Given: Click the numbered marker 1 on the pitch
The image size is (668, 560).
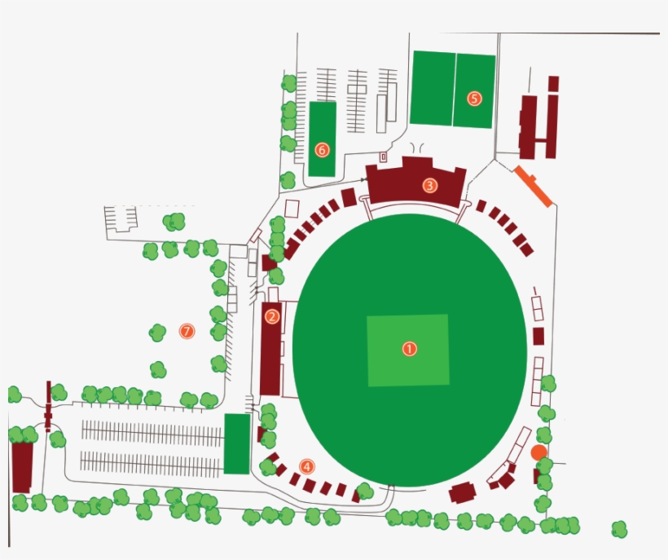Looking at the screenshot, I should pyautogui.click(x=409, y=349).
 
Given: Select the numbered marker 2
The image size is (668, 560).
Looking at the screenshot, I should pyautogui.click(x=272, y=316).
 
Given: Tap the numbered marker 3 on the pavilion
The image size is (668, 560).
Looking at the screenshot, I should pyautogui.click(x=429, y=186).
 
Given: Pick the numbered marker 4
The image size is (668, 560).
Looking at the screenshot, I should pyautogui.click(x=306, y=466).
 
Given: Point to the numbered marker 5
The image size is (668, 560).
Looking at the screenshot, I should pyautogui.click(x=474, y=99).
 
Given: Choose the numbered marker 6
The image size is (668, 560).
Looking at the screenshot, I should pyautogui.click(x=322, y=150).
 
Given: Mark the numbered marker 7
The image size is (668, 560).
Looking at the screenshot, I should pyautogui.click(x=187, y=331).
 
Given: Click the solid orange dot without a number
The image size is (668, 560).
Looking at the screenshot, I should pyautogui.click(x=538, y=452).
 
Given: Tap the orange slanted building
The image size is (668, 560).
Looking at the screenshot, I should pyautogui.click(x=533, y=185).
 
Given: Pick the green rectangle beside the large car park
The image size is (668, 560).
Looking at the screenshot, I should pyautogui.click(x=237, y=443).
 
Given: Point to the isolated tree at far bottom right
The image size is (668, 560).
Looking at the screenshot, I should pyautogui.click(x=619, y=530).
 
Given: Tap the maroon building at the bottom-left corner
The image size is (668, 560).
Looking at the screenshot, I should pyautogui.click(x=22, y=466).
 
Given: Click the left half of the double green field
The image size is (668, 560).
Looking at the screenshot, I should pyautogui.click(x=433, y=88).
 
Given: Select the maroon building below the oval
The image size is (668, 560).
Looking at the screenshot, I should pyautogui.click(x=463, y=492).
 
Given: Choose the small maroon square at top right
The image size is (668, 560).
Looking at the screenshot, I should pyautogui.click(x=553, y=83).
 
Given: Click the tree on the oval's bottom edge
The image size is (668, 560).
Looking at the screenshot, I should pyautogui.click(x=365, y=491).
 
